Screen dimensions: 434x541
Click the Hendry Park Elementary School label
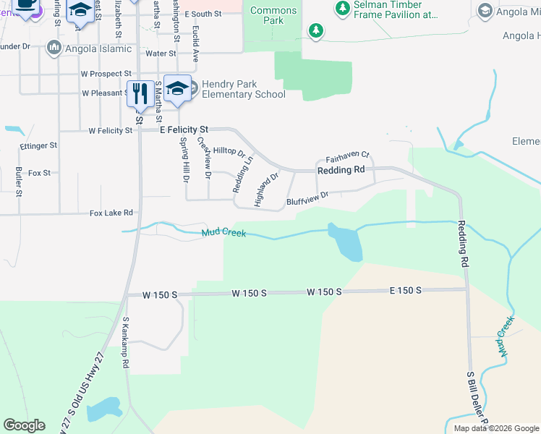pyautogui.click(x=239, y=89)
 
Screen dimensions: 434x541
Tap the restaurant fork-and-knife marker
pyautogui.click(x=138, y=93)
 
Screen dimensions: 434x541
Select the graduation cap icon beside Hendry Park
pyautogui.click(x=177, y=88)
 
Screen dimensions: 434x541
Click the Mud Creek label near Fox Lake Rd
pyautogui.click(x=223, y=233)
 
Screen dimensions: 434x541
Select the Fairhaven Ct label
pyautogui.click(x=347, y=156)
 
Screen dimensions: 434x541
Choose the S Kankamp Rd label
pyautogui.click(x=125, y=343)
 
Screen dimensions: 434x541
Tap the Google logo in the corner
pyautogui.click(x=24, y=425)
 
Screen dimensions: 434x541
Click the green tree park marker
pyautogui.click(x=315, y=30)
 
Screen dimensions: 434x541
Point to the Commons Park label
pyautogui.click(x=273, y=15)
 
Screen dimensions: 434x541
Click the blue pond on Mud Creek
pyautogui.click(x=346, y=242)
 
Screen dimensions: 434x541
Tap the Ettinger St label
pyautogui.click(x=39, y=145)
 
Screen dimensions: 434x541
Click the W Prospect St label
pyautogui.click(x=106, y=74)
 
